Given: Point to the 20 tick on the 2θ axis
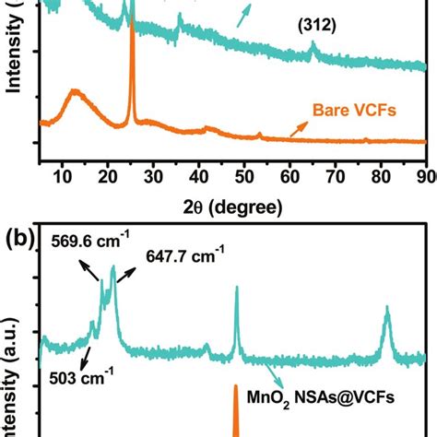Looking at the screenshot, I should (108, 176).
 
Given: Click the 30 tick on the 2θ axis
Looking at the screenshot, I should (153, 176).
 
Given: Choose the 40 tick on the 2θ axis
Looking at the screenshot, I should (198, 176).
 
